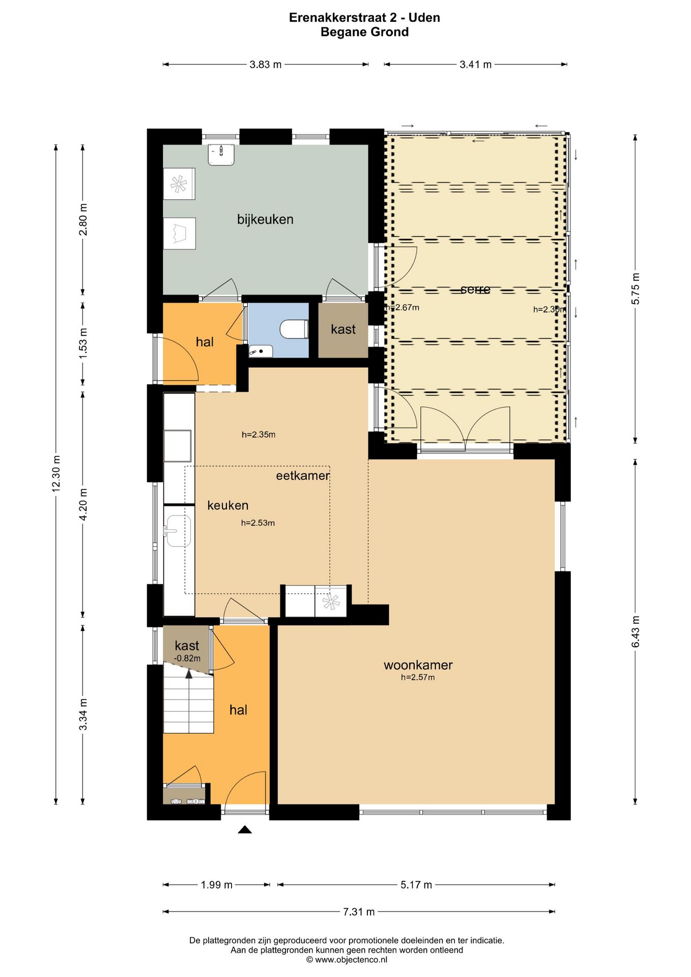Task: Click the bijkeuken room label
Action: [x=265, y=219]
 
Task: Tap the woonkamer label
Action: [x=418, y=665]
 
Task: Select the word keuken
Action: [x=228, y=505]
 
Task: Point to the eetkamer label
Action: [x=303, y=476]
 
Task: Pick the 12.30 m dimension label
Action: [x=56, y=473]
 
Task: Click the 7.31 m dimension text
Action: [x=359, y=911]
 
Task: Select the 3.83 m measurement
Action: [x=266, y=65]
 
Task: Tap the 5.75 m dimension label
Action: [x=636, y=289]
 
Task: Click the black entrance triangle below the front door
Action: [x=245, y=829]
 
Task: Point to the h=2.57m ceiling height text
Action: [x=418, y=677]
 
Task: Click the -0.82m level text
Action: [x=187, y=658]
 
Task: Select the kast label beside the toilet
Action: [x=343, y=329]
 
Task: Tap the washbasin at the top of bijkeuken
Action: [x=221, y=155]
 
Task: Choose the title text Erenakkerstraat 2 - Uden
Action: [x=364, y=17]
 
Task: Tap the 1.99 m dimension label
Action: [x=216, y=885]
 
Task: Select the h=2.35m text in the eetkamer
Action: [x=258, y=435]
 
